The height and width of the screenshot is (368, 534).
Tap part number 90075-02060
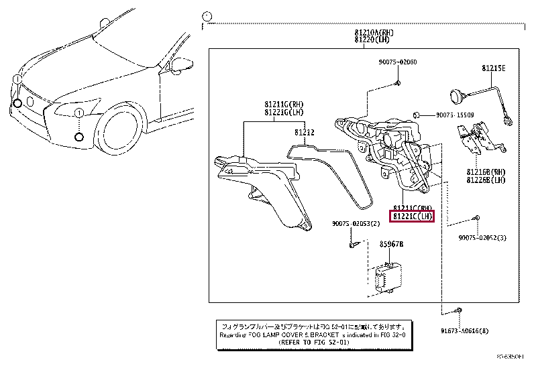click(396, 62)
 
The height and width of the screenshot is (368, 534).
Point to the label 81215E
click(493, 68)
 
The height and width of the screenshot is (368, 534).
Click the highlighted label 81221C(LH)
click(413, 216)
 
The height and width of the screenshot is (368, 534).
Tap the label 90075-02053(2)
click(356, 224)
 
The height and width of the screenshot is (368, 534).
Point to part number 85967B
click(392, 245)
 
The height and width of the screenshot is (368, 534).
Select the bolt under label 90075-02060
click(396, 82)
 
